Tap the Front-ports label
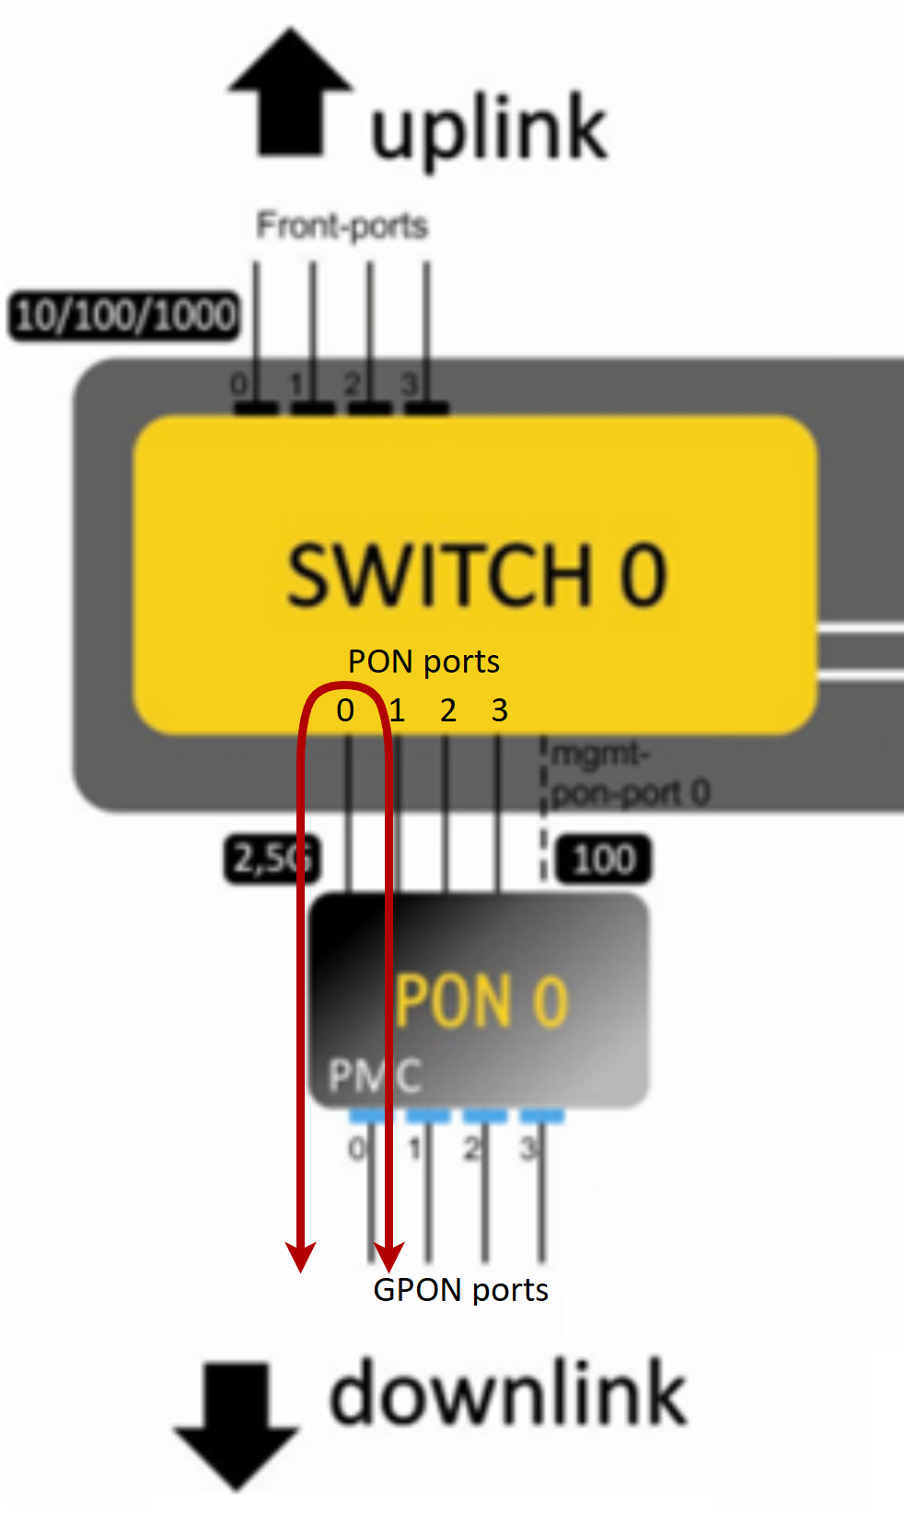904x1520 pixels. click(342, 225)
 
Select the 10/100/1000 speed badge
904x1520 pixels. click(124, 316)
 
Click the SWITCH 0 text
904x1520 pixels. click(476, 575)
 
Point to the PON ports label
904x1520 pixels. click(423, 662)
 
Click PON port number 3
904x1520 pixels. click(500, 710)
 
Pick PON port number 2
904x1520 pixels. click(448, 710)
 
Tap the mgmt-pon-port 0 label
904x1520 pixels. click(629, 774)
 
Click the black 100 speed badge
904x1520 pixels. click(604, 859)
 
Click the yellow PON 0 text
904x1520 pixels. click(482, 1002)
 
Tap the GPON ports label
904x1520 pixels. click(460, 1290)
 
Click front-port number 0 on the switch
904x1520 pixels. click(238, 385)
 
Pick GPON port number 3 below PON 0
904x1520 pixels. click(528, 1148)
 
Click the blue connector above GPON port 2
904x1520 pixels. click(485, 1117)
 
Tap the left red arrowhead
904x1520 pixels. click(301, 1256)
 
